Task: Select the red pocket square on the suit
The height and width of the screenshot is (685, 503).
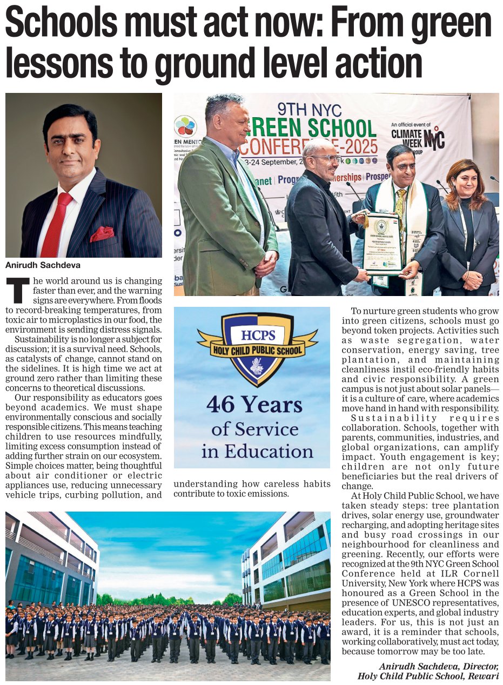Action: pos(102,233)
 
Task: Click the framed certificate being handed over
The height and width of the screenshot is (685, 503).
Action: pos(382,243)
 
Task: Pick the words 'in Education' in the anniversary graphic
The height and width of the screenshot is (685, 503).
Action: pos(257,451)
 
